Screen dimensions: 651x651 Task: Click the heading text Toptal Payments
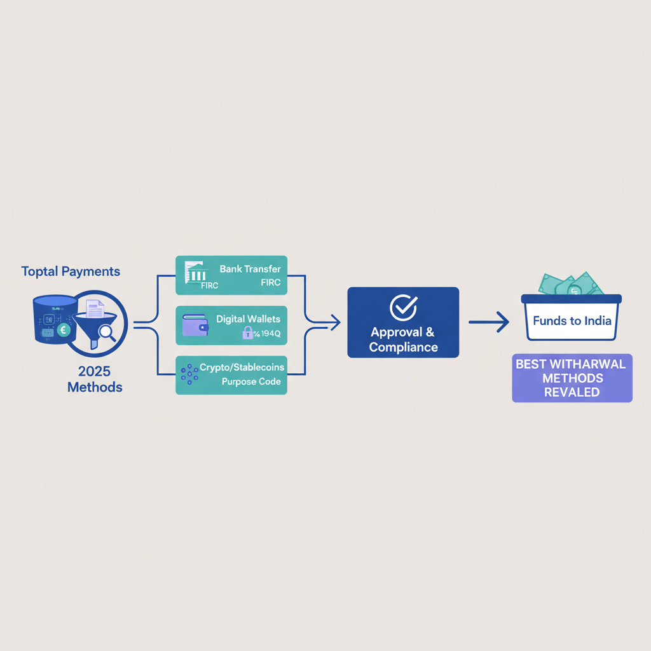(x=71, y=271)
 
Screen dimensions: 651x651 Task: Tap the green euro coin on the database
(x=63, y=330)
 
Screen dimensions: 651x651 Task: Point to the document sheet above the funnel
(x=95, y=309)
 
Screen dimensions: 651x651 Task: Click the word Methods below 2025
(x=94, y=387)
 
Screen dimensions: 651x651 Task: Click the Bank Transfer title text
(x=250, y=269)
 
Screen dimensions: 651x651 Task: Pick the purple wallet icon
(x=195, y=325)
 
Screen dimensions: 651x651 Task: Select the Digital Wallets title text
(x=248, y=318)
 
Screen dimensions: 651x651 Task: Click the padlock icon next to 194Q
(x=248, y=332)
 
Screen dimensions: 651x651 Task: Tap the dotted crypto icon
(x=189, y=374)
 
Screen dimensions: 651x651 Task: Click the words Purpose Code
(x=250, y=382)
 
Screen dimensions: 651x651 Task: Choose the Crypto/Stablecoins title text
(x=242, y=367)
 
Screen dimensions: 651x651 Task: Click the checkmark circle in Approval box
(x=402, y=307)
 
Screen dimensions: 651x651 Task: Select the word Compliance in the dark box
(x=403, y=347)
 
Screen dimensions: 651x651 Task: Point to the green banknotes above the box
(x=571, y=284)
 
